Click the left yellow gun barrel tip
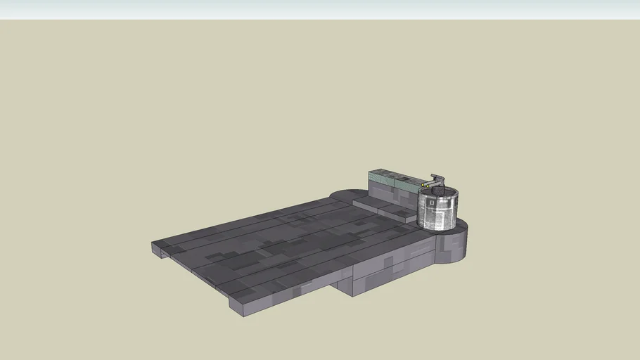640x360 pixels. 422,185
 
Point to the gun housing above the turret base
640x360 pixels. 437,179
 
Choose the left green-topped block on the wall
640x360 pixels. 383,174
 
